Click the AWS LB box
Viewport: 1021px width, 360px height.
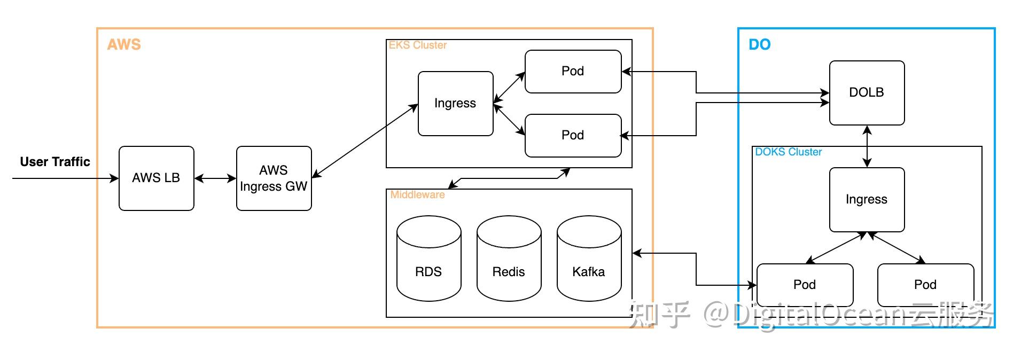[x=157, y=178]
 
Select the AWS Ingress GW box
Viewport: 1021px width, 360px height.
[x=274, y=178]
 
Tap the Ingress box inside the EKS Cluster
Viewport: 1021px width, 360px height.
[x=456, y=104]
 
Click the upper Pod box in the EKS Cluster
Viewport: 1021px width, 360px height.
[x=573, y=72]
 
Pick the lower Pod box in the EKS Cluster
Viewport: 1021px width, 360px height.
[x=573, y=136]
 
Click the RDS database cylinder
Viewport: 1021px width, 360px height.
[x=429, y=259]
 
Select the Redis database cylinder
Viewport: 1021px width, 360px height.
[x=509, y=259]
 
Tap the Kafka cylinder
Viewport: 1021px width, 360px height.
[x=589, y=259]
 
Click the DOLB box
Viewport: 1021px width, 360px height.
[x=867, y=93]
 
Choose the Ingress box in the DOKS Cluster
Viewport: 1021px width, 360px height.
[x=867, y=200]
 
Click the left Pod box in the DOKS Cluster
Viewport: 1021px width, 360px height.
[x=805, y=285]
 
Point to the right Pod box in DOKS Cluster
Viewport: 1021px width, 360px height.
[x=926, y=285]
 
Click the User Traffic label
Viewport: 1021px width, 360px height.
[x=55, y=162]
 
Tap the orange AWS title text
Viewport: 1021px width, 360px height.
[x=124, y=44]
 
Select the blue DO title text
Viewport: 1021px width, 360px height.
[x=760, y=44]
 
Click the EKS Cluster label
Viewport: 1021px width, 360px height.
[x=418, y=45]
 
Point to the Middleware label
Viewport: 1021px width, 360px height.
[x=417, y=195]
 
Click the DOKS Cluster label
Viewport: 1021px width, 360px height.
[x=789, y=152]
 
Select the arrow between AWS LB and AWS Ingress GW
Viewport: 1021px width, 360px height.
[x=215, y=178]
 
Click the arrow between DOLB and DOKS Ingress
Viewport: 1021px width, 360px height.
[x=867, y=146]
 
